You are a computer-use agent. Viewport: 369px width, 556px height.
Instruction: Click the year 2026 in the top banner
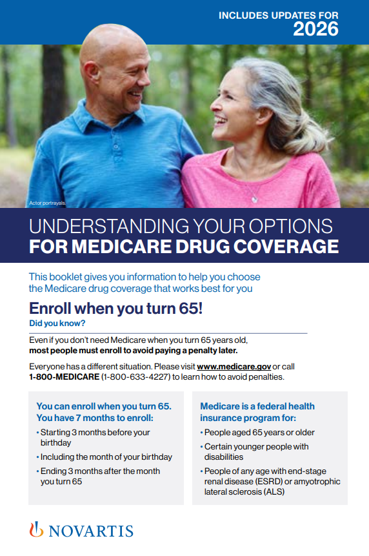coord(315,28)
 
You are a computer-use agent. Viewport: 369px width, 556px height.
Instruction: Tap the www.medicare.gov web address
coord(234,366)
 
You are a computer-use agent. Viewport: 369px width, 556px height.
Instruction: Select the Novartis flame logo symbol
coord(36,530)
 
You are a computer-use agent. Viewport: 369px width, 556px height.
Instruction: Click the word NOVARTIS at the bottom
coord(91,531)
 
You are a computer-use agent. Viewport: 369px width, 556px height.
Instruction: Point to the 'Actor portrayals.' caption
coord(47,203)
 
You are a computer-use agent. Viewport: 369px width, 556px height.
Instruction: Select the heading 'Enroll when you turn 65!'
coord(116,308)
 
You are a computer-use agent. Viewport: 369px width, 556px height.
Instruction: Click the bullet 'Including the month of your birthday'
coord(106,457)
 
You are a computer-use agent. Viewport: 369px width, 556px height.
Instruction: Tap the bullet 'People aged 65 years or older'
coord(259,433)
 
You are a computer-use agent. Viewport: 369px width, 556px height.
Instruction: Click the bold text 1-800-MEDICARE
coord(63,376)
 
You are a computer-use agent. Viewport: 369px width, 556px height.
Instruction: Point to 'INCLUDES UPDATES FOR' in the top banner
coord(278,14)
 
